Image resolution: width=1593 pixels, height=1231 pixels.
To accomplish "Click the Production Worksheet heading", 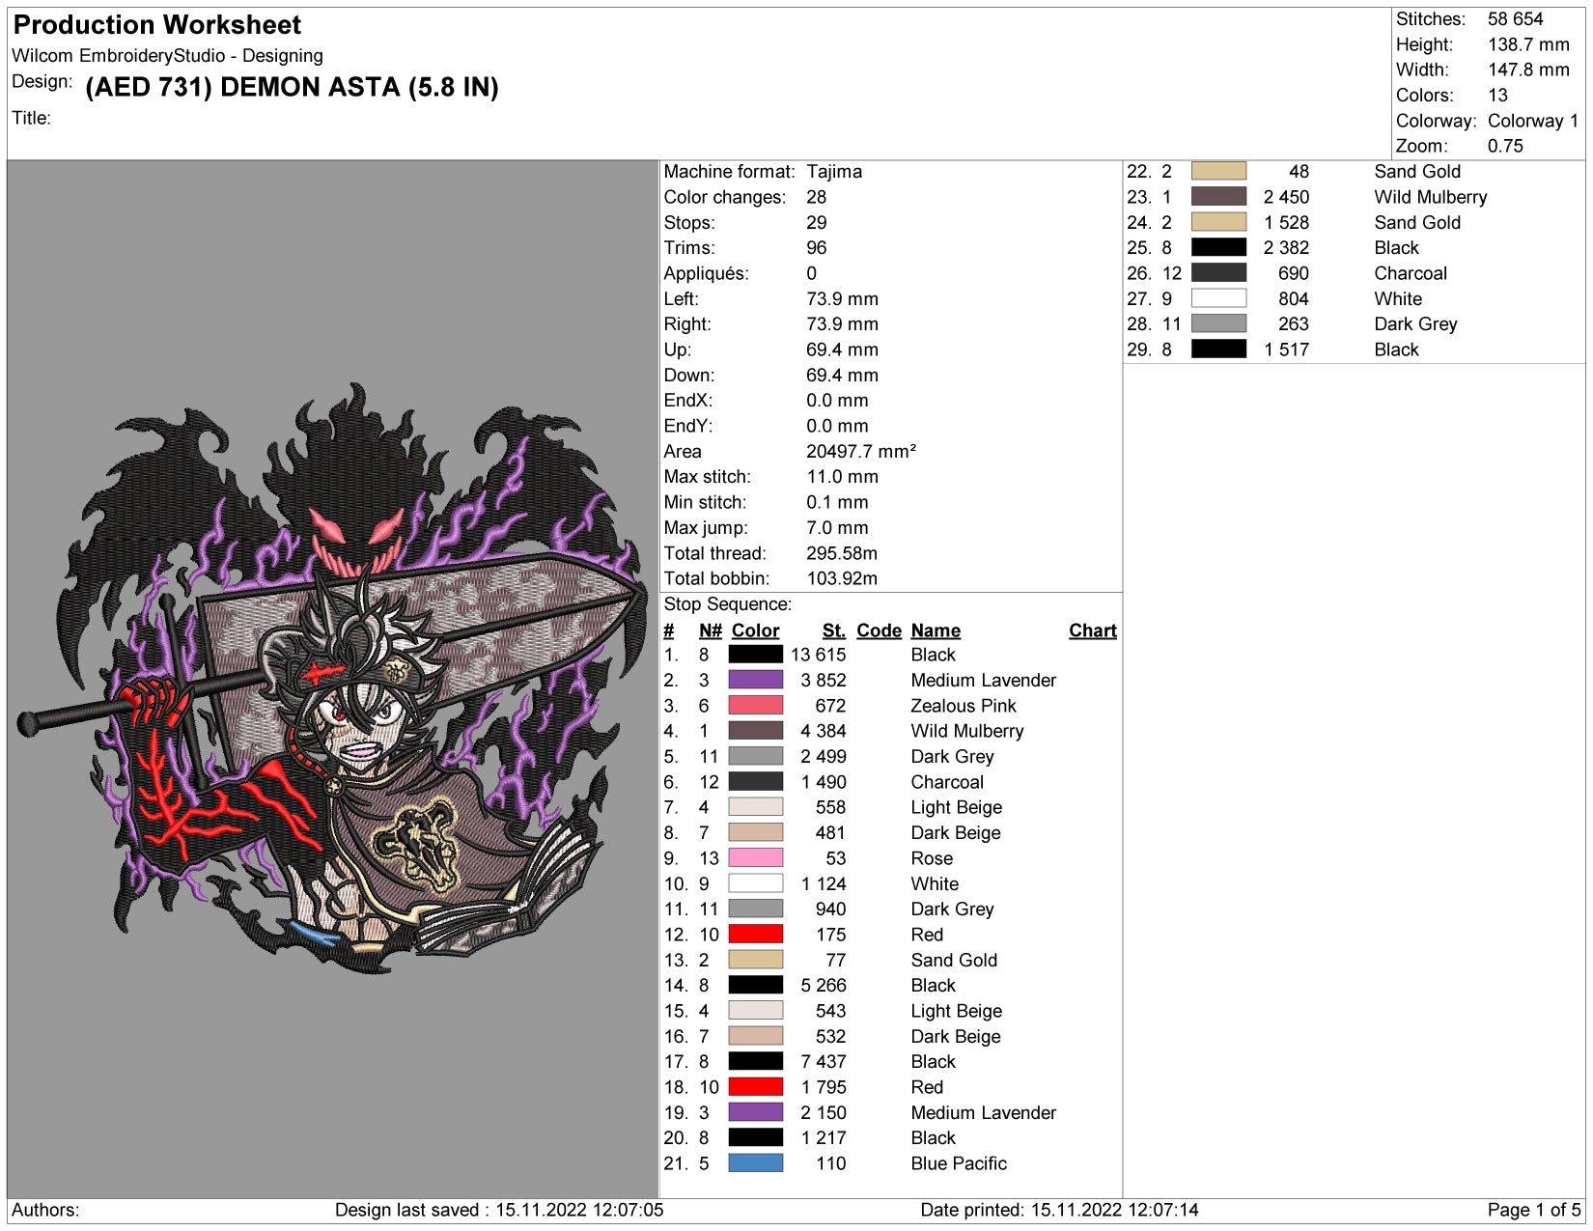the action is pyautogui.click(x=156, y=25).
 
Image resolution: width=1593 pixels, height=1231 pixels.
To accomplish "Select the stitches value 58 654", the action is pyautogui.click(x=1515, y=19).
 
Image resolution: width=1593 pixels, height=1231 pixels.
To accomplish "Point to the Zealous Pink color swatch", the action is pyautogui.click(x=755, y=706).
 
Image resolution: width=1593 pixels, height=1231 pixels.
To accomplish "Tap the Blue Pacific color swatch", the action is pyautogui.click(x=755, y=1162).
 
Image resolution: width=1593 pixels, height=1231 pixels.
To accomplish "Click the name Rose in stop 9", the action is pyautogui.click(x=931, y=857).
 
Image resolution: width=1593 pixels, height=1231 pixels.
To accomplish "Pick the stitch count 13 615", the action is pyautogui.click(x=818, y=655).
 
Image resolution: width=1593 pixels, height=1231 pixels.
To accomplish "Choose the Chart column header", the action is pyautogui.click(x=1092, y=630).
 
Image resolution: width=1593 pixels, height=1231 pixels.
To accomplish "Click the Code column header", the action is pyautogui.click(x=879, y=630).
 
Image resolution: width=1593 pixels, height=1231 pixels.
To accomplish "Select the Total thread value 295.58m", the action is pyautogui.click(x=842, y=553).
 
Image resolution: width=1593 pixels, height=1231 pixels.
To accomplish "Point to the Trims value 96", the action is pyautogui.click(x=816, y=248).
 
